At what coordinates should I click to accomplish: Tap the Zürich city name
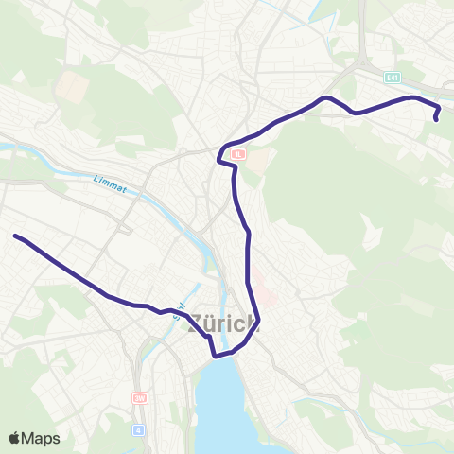point(226,323)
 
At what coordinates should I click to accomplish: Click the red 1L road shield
point(237,153)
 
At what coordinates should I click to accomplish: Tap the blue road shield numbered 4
point(140,429)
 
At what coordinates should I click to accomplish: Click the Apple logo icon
point(15,438)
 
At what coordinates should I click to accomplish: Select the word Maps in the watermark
point(44,438)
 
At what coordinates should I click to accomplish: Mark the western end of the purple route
point(15,236)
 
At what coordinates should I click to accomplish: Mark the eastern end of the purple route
point(436,120)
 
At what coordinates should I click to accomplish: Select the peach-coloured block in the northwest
point(70,87)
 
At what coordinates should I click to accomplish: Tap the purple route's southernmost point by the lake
point(216,357)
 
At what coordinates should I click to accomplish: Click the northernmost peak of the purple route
point(325,97)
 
